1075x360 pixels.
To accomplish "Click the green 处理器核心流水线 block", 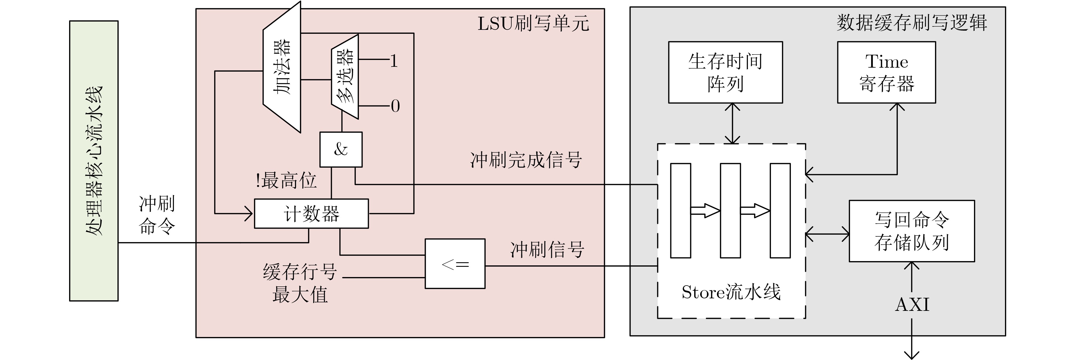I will (94, 161).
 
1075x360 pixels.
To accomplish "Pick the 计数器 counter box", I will (311, 214).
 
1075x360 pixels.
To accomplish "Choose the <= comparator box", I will (455, 264).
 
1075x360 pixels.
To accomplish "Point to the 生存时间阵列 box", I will (725, 72).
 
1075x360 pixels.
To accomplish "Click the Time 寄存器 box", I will (886, 72).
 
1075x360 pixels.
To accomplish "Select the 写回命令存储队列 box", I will (912, 231).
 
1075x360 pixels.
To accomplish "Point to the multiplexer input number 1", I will (394, 61).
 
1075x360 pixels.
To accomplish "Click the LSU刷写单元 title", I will (533, 24).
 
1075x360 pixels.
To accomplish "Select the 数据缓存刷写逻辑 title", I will (912, 23).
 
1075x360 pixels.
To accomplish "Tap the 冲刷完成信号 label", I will (526, 160).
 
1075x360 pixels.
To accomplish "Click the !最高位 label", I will (286, 181).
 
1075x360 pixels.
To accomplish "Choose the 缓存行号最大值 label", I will (300, 284).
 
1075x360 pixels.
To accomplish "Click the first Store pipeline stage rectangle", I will (680, 211).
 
